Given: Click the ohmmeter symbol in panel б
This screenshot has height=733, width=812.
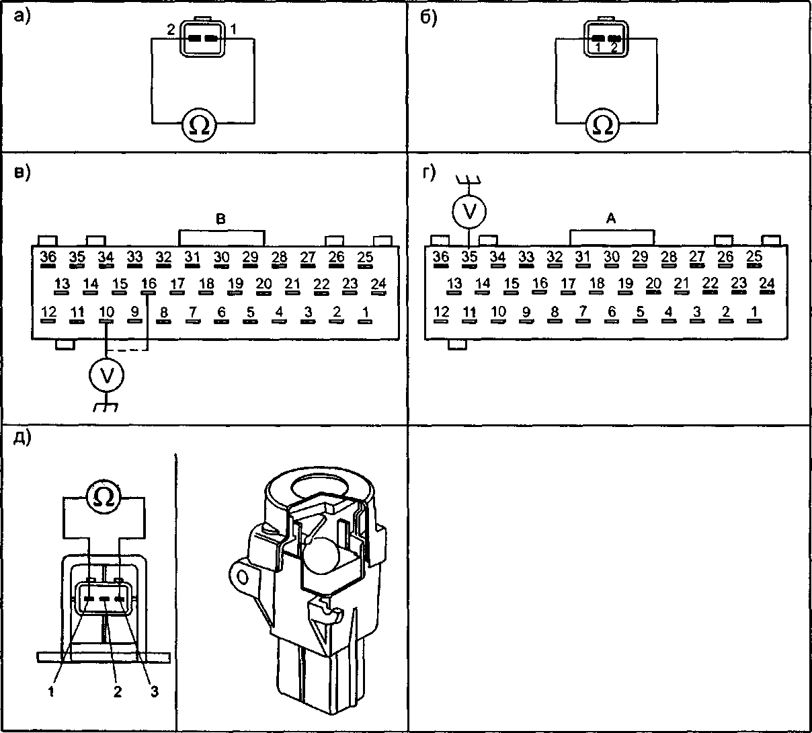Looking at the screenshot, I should coord(604,125).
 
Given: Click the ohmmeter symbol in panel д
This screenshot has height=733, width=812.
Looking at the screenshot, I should coord(104,497).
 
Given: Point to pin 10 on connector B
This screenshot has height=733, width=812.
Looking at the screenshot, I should coord(106,314).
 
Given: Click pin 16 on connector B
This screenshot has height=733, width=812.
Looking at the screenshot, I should coord(148,286).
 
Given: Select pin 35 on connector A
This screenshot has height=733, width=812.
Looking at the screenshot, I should coord(469,258).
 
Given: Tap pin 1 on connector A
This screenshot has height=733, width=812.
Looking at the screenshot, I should coord(755,314).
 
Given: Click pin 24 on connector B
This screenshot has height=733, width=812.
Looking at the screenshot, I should coord(378,286).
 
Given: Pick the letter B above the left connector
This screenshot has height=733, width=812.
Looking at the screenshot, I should coord(220,219).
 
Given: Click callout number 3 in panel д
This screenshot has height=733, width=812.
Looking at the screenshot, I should coord(154,692).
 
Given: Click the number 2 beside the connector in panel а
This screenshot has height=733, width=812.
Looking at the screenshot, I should coord(171,30).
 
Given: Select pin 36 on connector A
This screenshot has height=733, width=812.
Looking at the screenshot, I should coord(440,258).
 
